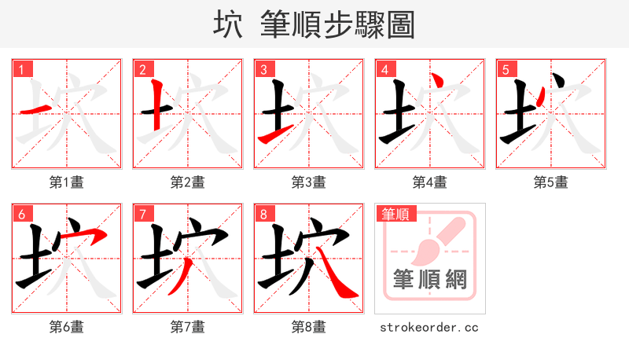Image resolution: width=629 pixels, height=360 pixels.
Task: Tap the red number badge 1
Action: [x=21, y=69]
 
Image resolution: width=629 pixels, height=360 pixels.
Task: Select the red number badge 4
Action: [x=384, y=69]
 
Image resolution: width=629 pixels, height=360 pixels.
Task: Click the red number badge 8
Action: [x=263, y=214]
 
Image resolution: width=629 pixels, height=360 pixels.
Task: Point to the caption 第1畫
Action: [x=67, y=182]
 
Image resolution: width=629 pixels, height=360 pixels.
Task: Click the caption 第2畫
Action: [x=188, y=182]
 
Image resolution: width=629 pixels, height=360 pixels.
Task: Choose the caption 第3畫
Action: [x=309, y=182]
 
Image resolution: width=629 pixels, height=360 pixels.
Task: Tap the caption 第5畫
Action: [x=551, y=182]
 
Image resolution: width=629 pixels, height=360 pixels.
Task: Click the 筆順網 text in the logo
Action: [x=429, y=280]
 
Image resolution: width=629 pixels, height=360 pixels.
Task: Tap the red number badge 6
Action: [x=21, y=214]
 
